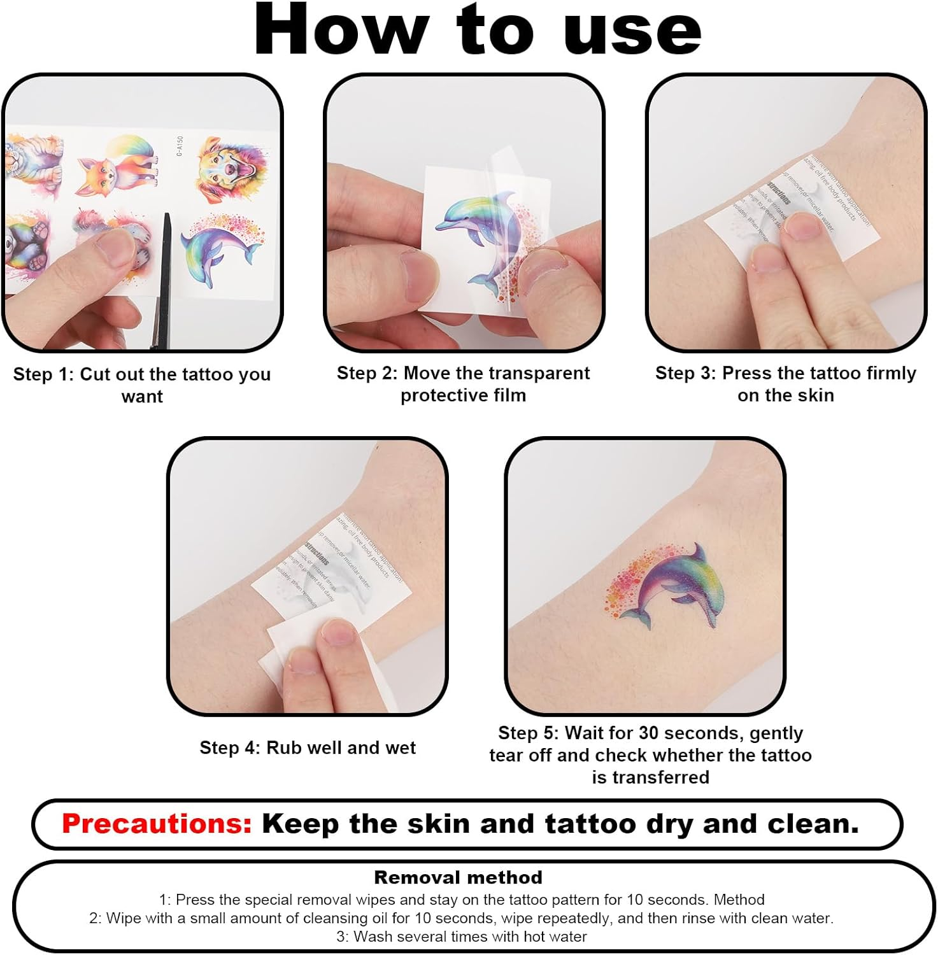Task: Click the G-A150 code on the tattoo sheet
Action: pyautogui.click(x=180, y=146)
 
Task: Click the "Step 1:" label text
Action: pyautogui.click(x=43, y=374)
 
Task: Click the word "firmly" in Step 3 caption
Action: pyautogui.click(x=887, y=373)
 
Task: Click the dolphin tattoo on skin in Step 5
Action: pyautogui.click(x=672, y=586)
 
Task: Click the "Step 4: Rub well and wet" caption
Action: pyautogui.click(x=308, y=747)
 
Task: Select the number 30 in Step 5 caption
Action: pyautogui.click(x=648, y=733)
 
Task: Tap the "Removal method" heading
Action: pyautogui.click(x=458, y=877)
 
